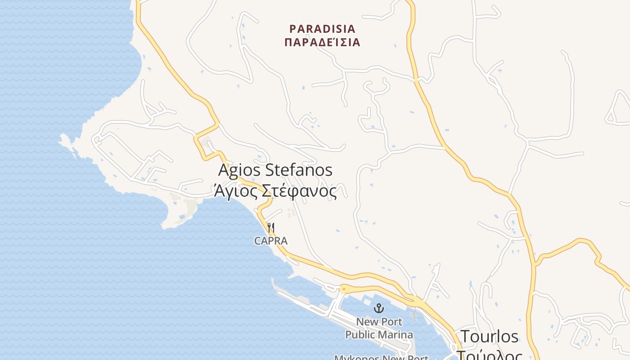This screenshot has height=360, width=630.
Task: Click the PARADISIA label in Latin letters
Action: click(x=322, y=29)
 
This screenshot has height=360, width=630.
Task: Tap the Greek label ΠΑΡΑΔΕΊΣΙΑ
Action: click(x=322, y=43)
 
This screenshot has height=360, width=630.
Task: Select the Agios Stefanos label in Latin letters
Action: click(x=275, y=171)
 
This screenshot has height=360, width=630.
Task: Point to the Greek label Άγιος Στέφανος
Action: click(x=275, y=192)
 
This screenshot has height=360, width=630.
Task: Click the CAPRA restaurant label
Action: click(x=270, y=241)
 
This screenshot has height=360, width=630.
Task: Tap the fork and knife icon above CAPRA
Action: click(x=270, y=228)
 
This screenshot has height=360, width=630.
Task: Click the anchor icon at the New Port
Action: click(x=379, y=309)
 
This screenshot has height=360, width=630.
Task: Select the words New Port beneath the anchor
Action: click(x=379, y=322)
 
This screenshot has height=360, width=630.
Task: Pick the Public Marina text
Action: click(x=379, y=335)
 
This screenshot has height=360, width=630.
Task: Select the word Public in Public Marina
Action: click(x=360, y=335)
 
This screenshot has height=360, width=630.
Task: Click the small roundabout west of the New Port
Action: click(x=344, y=288)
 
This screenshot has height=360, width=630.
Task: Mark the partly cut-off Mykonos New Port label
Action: click(x=381, y=357)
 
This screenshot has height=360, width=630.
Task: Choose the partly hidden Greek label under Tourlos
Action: click(x=489, y=355)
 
